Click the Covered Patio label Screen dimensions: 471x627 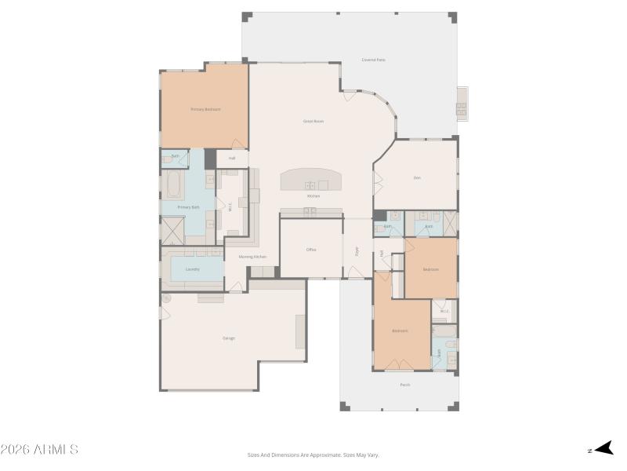tap(373, 60)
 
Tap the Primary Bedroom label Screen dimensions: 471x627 tap(205, 109)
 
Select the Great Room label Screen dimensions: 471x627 tap(313, 121)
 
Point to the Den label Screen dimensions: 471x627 tap(417, 178)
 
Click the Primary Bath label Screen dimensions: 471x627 tap(188, 207)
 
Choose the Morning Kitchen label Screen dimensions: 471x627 tap(252, 257)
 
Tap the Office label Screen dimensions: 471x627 tap(310, 250)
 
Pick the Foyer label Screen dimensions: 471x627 tap(357, 251)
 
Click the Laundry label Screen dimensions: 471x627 tap(192, 269)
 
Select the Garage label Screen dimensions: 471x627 tap(229, 338)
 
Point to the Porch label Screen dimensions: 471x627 tap(404, 385)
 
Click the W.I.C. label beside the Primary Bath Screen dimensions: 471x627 tap(230, 207)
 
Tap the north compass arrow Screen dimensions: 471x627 tap(602, 449)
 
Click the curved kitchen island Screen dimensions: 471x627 tap(312, 179)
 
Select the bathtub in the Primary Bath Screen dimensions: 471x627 tap(174, 186)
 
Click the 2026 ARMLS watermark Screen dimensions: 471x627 tap(39, 450)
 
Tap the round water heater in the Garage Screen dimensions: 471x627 tap(166, 299)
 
